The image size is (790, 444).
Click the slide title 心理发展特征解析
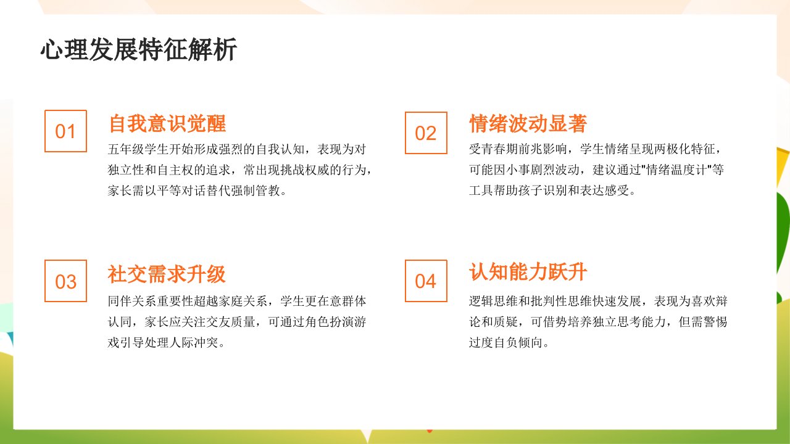(x=139, y=49)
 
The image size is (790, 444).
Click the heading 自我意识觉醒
(x=167, y=124)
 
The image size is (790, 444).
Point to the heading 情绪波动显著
(x=528, y=124)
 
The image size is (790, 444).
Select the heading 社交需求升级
(x=167, y=274)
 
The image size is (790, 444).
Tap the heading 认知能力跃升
(x=528, y=272)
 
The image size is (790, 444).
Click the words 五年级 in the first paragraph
(x=126, y=149)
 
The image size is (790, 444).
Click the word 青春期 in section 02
(x=500, y=149)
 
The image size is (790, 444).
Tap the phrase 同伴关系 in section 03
(x=132, y=302)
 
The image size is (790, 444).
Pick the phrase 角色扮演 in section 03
(x=317, y=322)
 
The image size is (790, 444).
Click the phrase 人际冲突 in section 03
(x=194, y=343)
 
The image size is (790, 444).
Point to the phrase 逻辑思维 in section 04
(x=494, y=302)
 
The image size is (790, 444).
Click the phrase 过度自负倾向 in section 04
(x=506, y=343)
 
